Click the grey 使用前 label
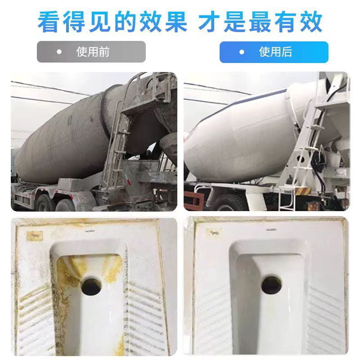[91, 52]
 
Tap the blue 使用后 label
[274, 52]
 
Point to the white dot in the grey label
[59, 52]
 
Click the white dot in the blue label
[242, 52]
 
